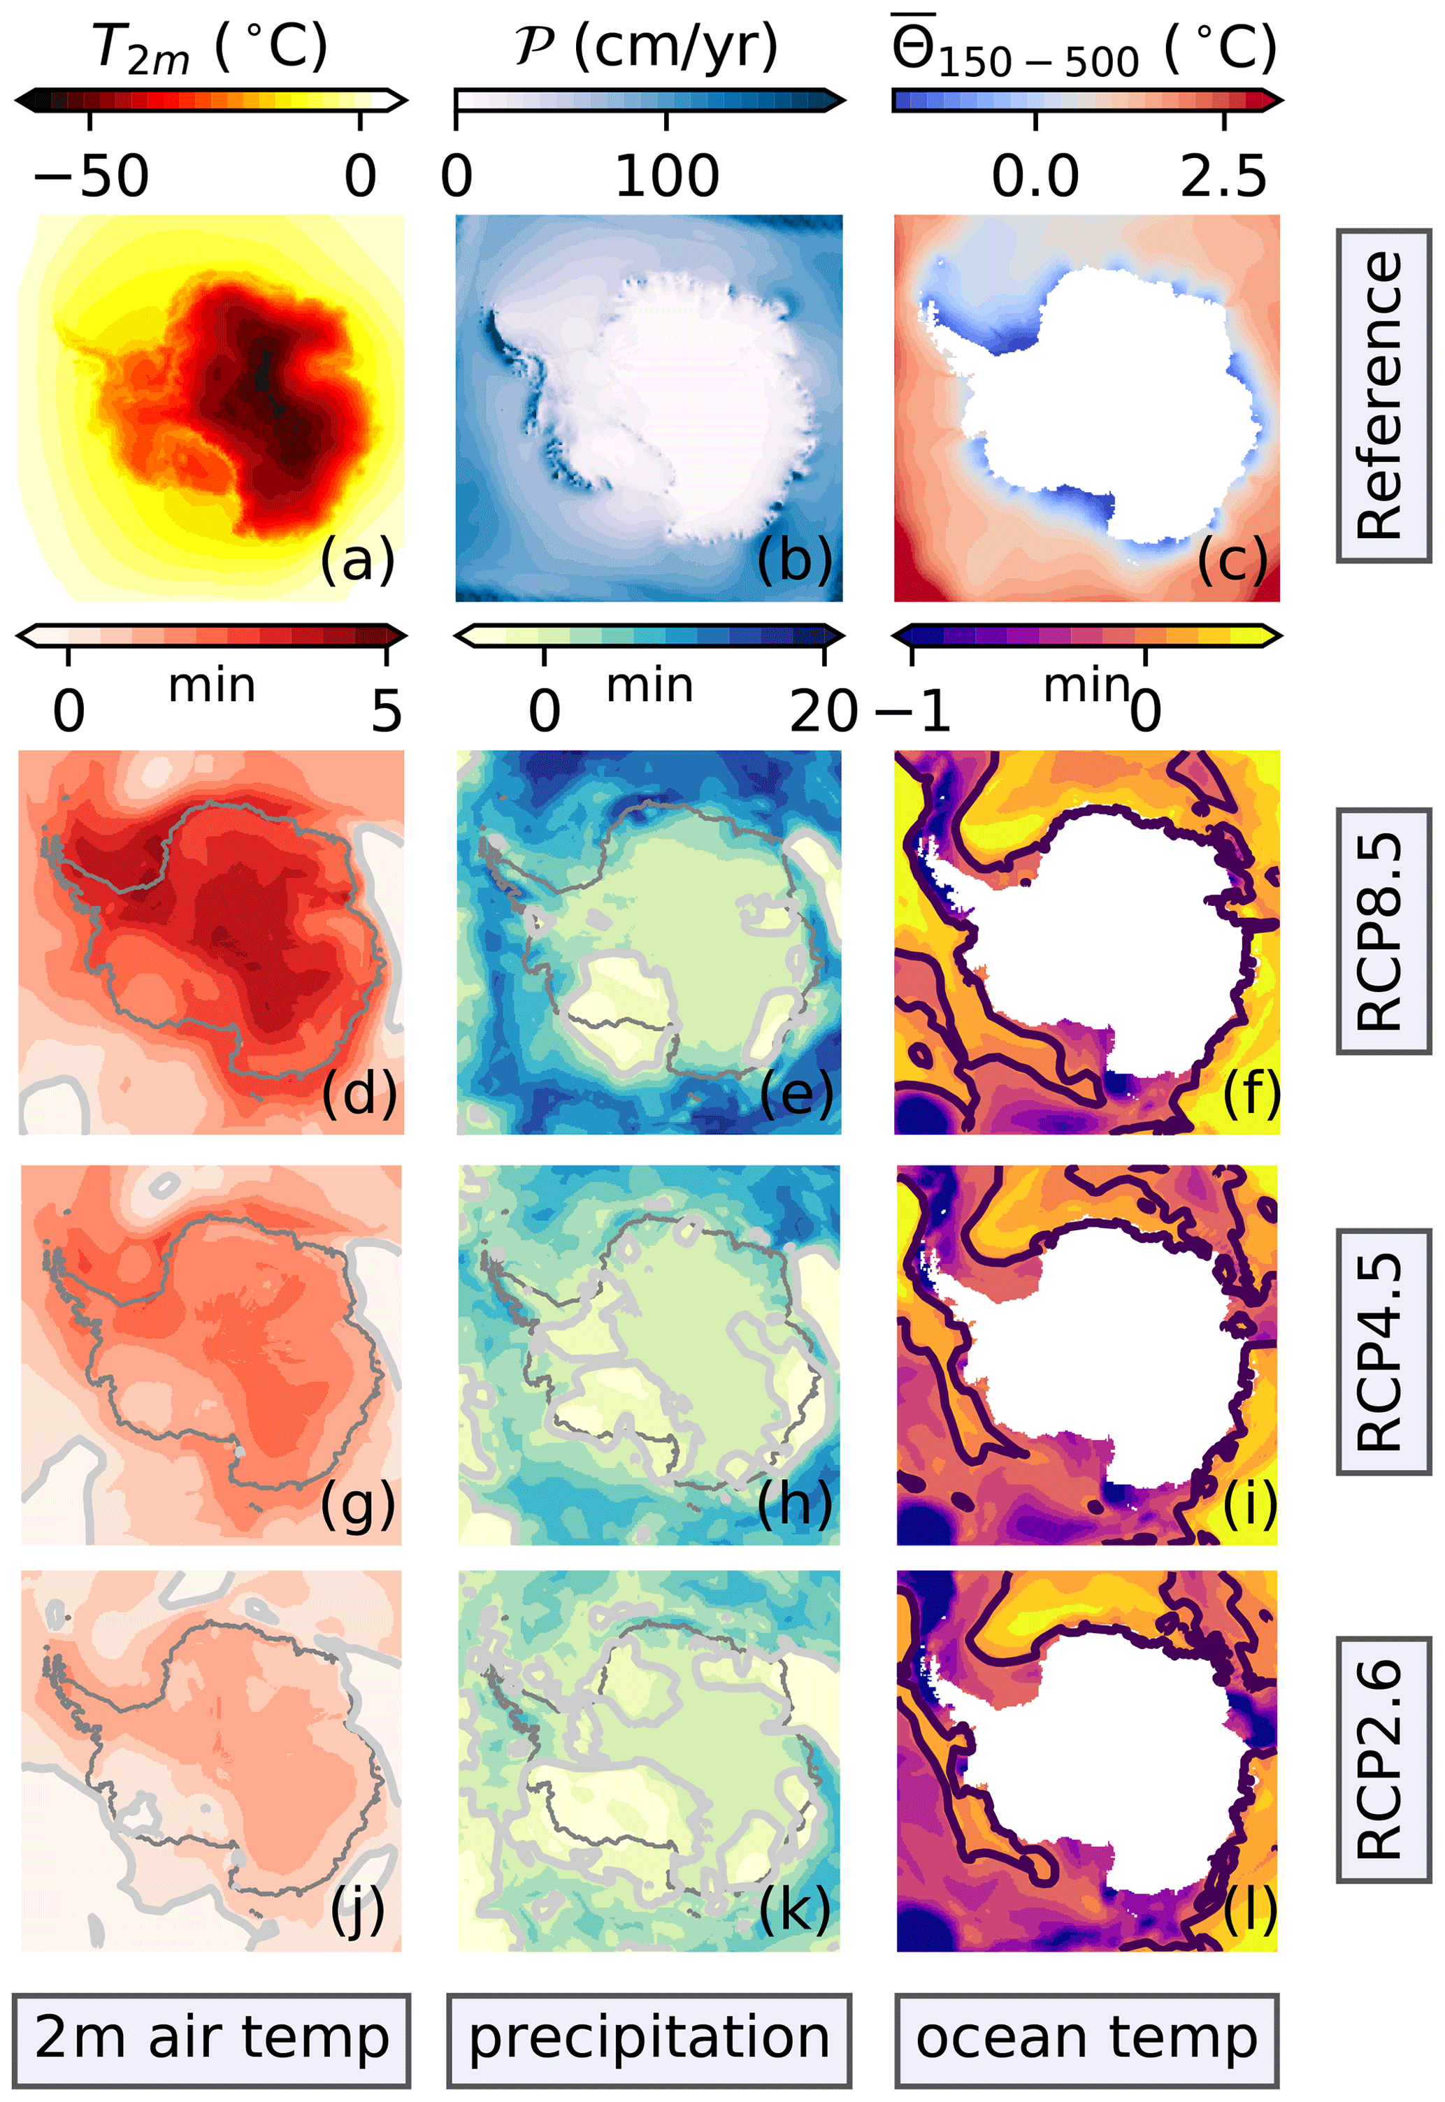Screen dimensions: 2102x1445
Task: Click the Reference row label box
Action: [1383, 396]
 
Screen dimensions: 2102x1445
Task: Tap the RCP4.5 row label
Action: [1383, 1351]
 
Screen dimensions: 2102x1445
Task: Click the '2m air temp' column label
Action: [212, 2038]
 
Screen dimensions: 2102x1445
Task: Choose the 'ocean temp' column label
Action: [1086, 2038]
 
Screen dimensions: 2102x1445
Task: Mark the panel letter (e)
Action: [796, 1095]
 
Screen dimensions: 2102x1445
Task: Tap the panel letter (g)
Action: [358, 1504]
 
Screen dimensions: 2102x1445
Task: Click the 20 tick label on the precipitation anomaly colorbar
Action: [823, 712]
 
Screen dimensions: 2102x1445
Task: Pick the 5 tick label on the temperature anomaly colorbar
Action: [387, 712]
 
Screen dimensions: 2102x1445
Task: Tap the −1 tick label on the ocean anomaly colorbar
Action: [912, 712]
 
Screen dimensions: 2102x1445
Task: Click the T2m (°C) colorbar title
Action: [210, 47]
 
